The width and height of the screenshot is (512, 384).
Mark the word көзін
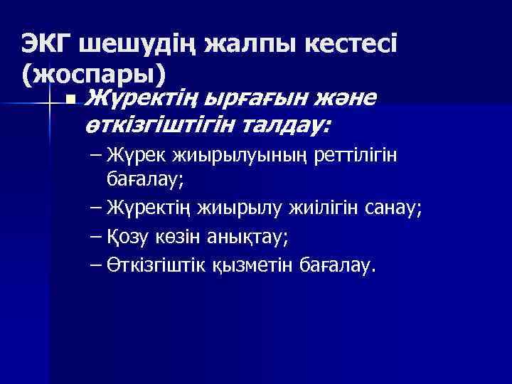click(182, 236)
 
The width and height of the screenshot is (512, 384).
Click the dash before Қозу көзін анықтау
click(96, 236)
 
